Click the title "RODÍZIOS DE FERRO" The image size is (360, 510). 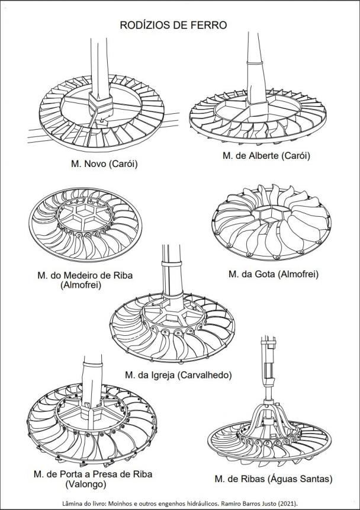tap(173, 25)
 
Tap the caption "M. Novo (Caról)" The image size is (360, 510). tap(104, 164)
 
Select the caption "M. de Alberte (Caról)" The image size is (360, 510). tap(266, 156)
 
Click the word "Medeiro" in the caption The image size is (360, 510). tap(79, 275)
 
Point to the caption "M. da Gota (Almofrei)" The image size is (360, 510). tap(274, 274)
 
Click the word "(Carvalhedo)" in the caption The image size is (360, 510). tap(205, 375)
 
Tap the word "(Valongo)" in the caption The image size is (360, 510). tap(86, 485)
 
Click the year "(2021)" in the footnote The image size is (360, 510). tap(287, 503)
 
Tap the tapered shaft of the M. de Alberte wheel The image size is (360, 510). tap(256, 68)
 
